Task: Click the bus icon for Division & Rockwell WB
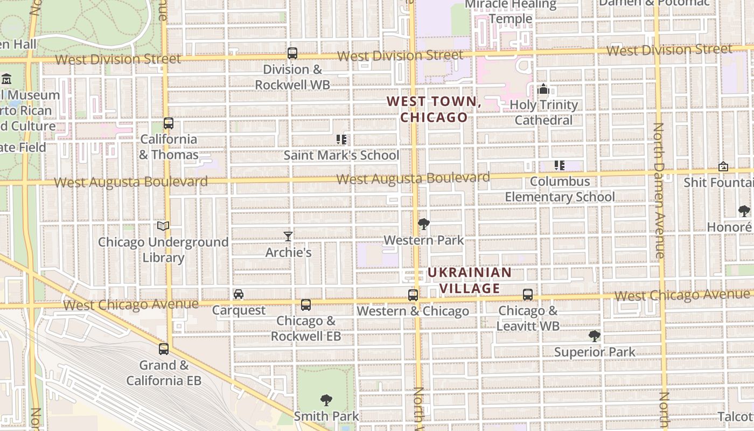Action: tap(292, 53)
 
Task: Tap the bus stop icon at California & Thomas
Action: tap(169, 123)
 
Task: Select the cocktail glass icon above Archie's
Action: tap(288, 236)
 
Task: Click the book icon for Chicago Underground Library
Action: tap(163, 226)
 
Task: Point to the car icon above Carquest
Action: tap(239, 294)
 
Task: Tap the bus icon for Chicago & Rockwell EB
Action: tap(306, 305)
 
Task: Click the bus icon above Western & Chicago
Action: tap(413, 295)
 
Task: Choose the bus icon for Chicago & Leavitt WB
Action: tap(528, 295)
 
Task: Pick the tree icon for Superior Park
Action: tap(595, 336)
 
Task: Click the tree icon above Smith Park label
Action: tap(326, 400)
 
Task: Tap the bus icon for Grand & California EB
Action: tap(164, 349)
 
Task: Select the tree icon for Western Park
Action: tap(424, 224)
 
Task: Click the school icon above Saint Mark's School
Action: tap(341, 140)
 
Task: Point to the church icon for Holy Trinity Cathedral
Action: tap(543, 89)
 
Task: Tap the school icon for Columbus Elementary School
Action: tap(560, 165)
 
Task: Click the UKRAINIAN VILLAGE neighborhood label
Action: tap(469, 280)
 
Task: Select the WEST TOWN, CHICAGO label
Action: tap(434, 109)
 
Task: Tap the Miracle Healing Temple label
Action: tap(511, 11)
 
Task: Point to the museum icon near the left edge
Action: tap(6, 79)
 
